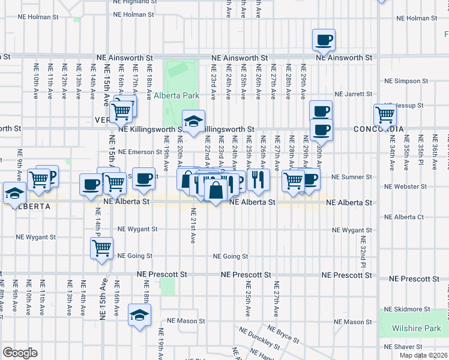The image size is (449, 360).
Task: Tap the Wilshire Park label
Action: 415,328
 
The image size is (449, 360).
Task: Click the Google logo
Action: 20,353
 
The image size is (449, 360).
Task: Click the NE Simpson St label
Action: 406,80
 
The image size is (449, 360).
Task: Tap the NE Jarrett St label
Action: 354,94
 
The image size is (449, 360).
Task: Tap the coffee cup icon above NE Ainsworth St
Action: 324,40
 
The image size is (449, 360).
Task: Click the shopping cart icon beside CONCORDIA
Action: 385,114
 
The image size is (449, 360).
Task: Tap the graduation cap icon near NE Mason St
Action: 139,315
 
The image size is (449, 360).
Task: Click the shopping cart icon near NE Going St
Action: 101,247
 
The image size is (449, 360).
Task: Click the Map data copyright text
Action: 423,355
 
